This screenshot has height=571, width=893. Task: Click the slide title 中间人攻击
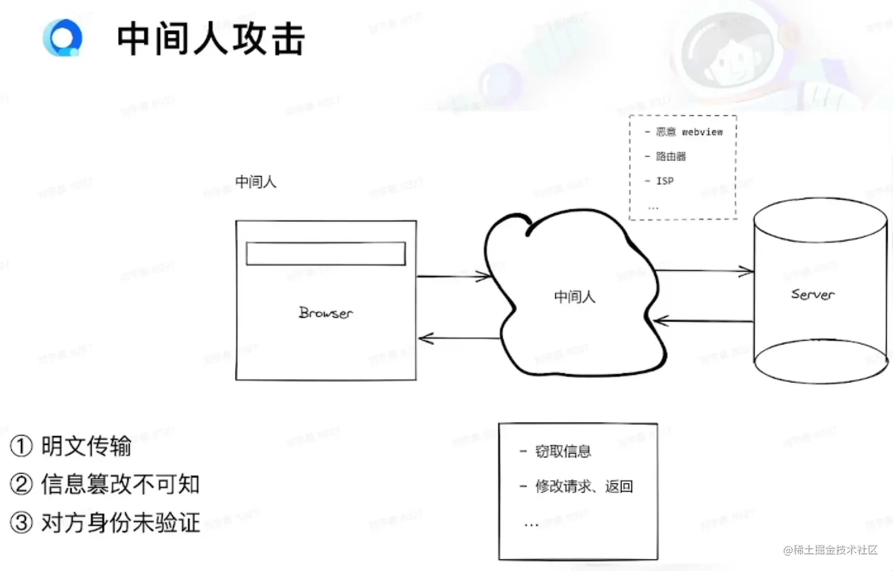coord(210,39)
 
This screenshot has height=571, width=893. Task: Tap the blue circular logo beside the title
coord(63,38)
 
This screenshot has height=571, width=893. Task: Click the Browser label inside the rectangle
coord(325,312)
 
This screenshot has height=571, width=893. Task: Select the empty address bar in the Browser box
coord(325,253)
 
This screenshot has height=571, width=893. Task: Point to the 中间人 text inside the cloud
coord(574,296)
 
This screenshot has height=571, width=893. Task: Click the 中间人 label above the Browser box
coord(255,182)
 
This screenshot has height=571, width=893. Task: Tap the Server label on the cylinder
coord(813,294)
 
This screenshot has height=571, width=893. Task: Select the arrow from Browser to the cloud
coord(454,276)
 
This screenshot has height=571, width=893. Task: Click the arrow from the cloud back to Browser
coord(459,338)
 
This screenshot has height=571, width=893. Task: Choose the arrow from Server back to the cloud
coord(703,321)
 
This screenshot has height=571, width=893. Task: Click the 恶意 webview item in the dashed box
coord(689,132)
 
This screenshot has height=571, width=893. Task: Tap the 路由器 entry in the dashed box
coord(670,156)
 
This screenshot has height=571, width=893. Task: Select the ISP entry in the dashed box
coord(664,181)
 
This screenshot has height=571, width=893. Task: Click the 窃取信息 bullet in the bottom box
coord(562,452)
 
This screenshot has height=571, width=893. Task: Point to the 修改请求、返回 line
coord(584,487)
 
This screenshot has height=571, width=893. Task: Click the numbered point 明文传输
coord(86,446)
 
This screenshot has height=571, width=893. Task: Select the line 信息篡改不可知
coord(120,484)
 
